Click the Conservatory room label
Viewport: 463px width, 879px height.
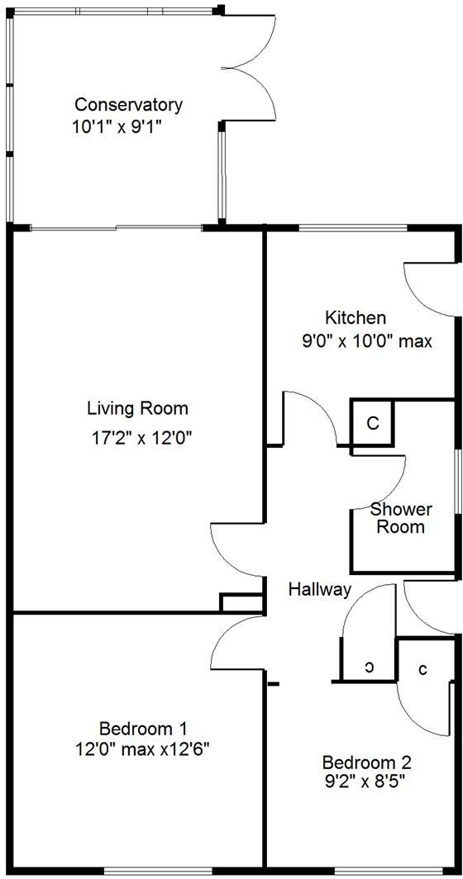(x=128, y=105)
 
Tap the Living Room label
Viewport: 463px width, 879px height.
(x=137, y=408)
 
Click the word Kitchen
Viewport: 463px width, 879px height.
(x=355, y=318)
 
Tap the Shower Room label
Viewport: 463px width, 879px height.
(x=401, y=518)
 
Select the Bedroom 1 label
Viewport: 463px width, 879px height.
(x=142, y=729)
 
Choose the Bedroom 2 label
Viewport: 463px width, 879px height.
(x=366, y=762)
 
